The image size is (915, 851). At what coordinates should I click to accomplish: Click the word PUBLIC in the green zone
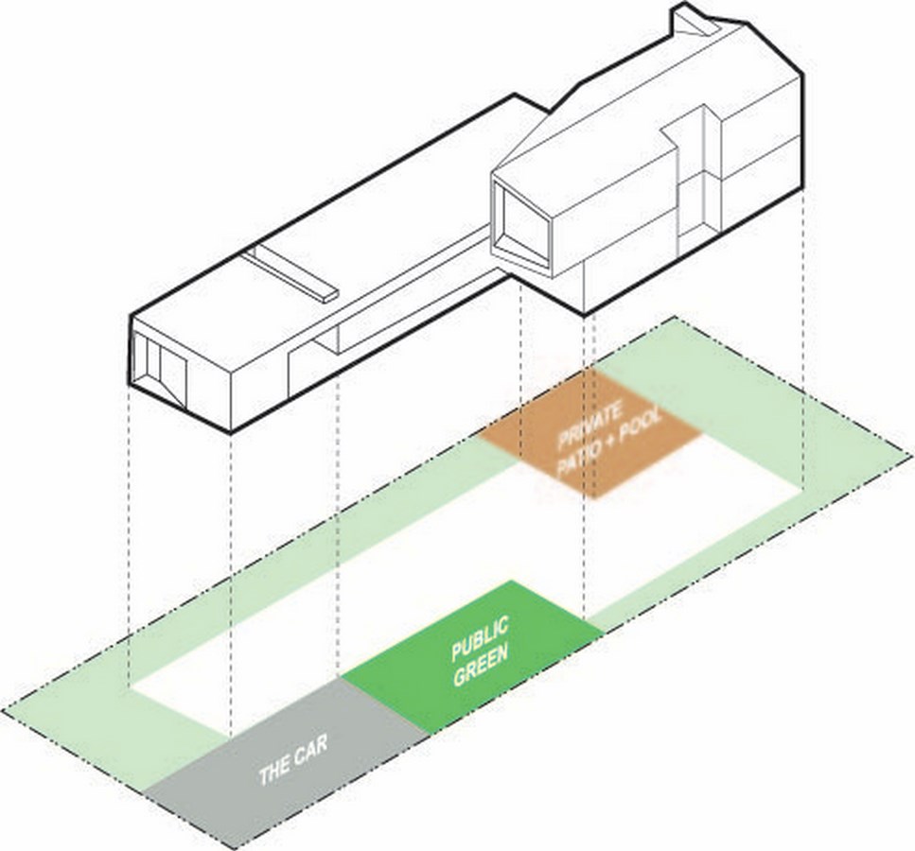(481, 639)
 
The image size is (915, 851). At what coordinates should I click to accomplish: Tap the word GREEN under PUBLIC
(481, 665)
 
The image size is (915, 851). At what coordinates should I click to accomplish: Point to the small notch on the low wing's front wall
(327, 342)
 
